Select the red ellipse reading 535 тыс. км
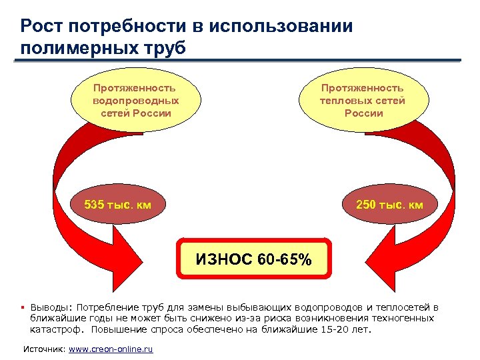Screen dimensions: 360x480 click(117, 204)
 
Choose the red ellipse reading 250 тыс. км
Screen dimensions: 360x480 click(389, 204)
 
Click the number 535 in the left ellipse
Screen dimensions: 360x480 click(94, 204)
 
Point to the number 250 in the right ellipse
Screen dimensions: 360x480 click(367, 204)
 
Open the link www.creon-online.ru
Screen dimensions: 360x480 click(111, 349)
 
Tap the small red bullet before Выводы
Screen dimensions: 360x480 click(23, 308)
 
